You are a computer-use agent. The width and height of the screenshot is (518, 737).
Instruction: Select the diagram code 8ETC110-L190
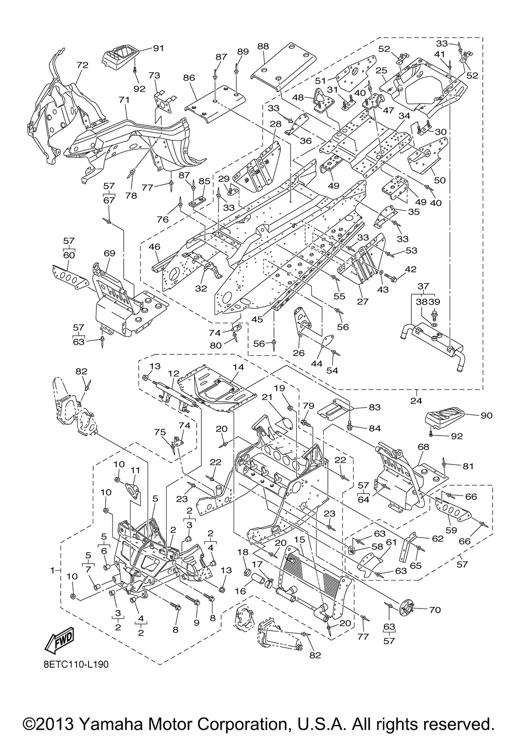76,664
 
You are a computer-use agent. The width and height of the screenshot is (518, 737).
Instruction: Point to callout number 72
82,65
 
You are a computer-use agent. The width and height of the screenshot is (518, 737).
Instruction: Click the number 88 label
263,47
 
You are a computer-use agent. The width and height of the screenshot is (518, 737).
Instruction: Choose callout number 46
154,247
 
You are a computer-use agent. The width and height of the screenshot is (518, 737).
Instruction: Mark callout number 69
110,253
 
